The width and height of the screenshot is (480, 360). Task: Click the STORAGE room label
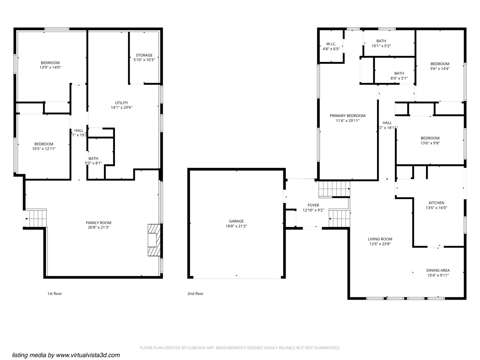pos(144,55)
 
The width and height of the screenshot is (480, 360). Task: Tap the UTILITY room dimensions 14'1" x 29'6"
pos(122,108)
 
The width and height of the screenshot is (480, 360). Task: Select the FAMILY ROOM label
pos(98,223)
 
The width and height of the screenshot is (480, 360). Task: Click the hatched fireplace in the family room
pos(154,240)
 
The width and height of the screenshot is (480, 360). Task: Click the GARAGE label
pos(236,221)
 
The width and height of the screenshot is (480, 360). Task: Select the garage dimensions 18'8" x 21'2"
pos(236,226)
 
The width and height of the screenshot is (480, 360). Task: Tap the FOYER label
pos(313,205)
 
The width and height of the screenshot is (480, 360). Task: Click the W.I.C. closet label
pos(331,44)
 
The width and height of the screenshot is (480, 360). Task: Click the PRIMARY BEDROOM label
pos(347,116)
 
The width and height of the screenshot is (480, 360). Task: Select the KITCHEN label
pos(436,203)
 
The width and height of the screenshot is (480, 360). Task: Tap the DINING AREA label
pos(438,270)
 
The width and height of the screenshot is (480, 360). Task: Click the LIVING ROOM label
pos(380,239)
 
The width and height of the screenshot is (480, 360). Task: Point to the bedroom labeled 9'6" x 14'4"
pos(440,66)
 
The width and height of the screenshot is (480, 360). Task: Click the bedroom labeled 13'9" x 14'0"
pos(50,65)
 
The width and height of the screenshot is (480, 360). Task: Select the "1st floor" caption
pos(55,294)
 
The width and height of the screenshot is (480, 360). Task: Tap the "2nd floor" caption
pos(195,294)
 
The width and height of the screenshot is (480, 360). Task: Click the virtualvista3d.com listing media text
pos(66,355)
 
